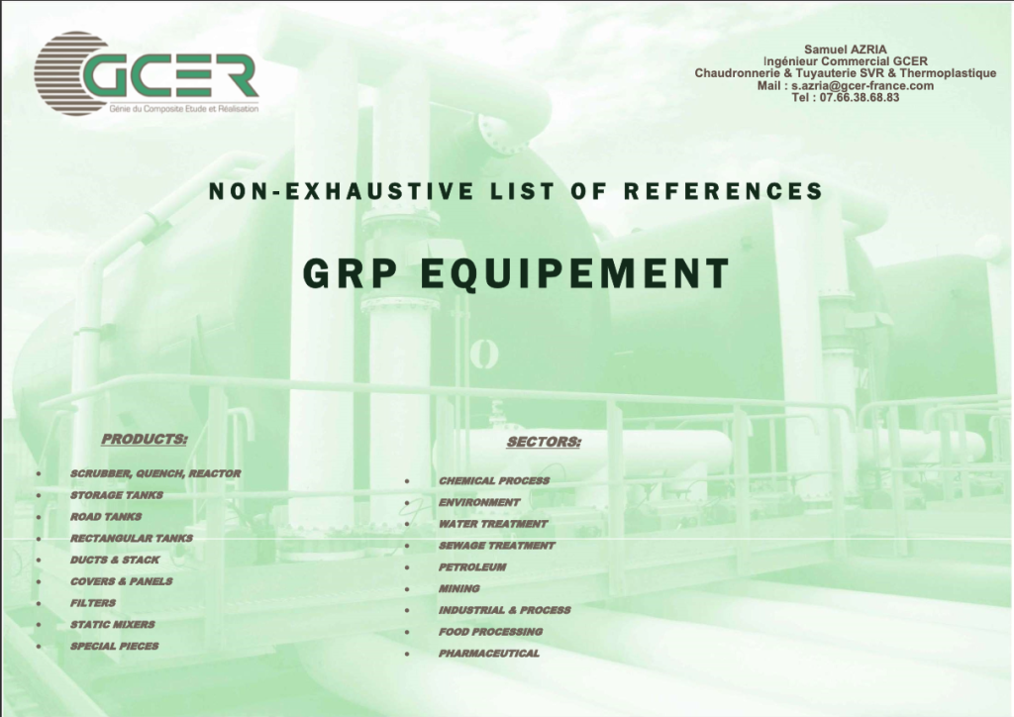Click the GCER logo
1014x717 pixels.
tap(147, 74)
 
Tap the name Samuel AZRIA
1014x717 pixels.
tap(846, 50)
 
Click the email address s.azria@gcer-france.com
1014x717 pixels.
tap(862, 86)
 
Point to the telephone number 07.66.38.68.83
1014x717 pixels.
tap(860, 98)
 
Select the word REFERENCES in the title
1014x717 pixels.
tap(723, 191)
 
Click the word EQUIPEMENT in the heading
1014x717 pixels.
tap(575, 273)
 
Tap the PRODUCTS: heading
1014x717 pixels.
tap(145, 440)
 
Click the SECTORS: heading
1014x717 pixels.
tap(544, 443)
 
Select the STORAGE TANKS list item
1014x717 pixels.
tap(117, 495)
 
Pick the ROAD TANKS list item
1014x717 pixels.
tap(106, 517)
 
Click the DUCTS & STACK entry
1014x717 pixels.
tap(115, 560)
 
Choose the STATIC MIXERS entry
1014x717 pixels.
tap(113, 625)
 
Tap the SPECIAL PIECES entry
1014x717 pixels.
tap(115, 646)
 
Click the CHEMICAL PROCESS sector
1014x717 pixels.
tap(494, 481)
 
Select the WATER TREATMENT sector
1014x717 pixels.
tap(493, 524)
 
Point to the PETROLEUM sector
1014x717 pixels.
tap(472, 567)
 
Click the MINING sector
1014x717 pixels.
tap(459, 589)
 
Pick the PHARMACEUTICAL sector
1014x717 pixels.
tap(489, 654)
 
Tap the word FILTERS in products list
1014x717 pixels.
tap(93, 603)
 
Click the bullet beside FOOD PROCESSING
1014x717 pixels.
tap(407, 633)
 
